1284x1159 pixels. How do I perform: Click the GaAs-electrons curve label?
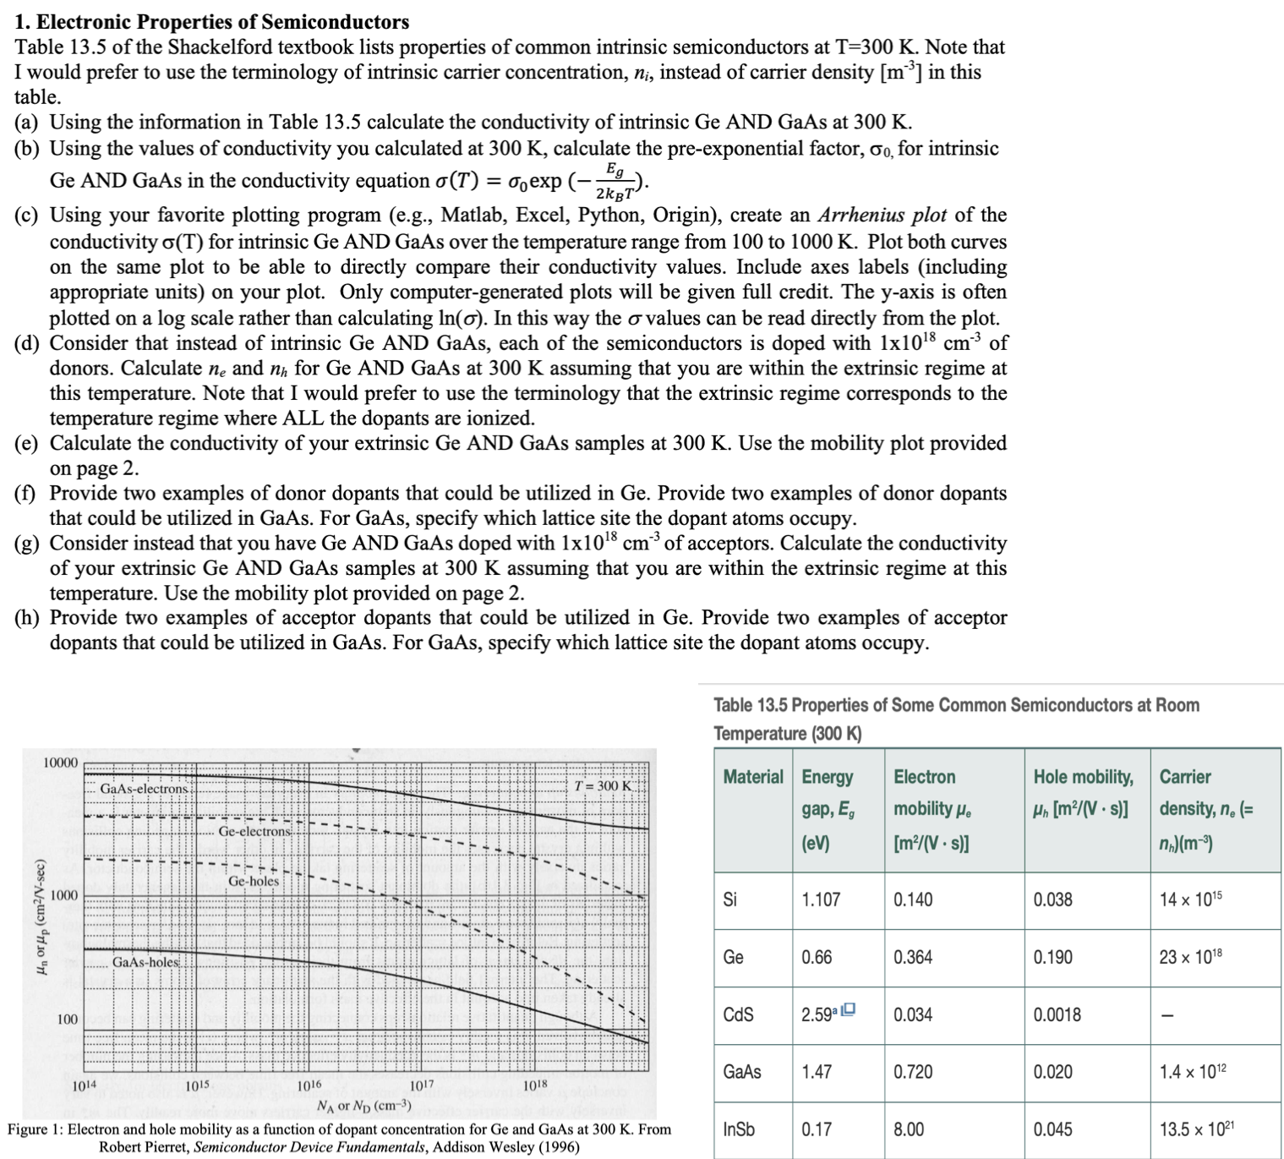click(x=144, y=789)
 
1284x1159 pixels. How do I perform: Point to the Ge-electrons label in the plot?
click(x=254, y=831)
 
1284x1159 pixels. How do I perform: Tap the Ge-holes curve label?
click(x=253, y=881)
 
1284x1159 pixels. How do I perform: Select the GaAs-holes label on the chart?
click(x=145, y=962)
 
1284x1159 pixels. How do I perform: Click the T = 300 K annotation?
click(x=602, y=786)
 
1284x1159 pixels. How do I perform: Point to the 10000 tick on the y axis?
click(x=60, y=763)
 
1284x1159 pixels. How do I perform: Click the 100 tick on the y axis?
click(x=67, y=1020)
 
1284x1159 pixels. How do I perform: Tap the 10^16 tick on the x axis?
click(x=309, y=1085)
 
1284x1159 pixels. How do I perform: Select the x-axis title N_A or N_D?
click(x=363, y=1106)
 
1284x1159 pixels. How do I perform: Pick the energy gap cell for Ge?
click(x=817, y=957)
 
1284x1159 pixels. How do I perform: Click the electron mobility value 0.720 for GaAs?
click(x=912, y=1072)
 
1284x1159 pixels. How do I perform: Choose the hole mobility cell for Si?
click(x=1052, y=899)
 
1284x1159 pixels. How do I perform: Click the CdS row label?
click(x=738, y=1014)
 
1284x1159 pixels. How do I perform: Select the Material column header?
click(x=752, y=777)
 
